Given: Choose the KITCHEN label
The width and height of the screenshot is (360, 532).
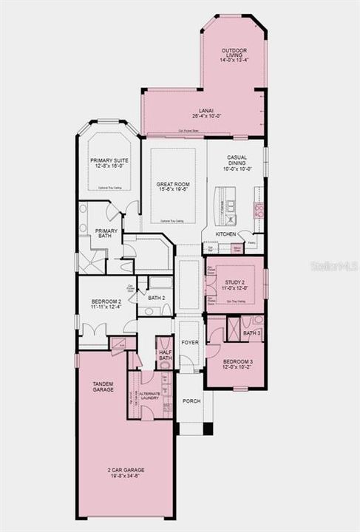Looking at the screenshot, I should click(225, 234).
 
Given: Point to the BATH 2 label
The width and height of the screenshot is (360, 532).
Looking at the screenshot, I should click(155, 298).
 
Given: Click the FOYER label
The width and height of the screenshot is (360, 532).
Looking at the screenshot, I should click(189, 343).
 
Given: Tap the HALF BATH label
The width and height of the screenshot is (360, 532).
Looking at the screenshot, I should click(165, 355).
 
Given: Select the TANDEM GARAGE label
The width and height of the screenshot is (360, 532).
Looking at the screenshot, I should click(103, 386).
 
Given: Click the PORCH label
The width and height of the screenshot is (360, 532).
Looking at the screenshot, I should click(191, 401).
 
